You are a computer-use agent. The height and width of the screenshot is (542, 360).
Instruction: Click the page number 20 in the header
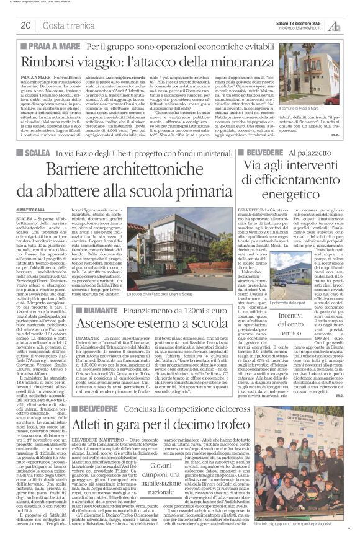(25, 25)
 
